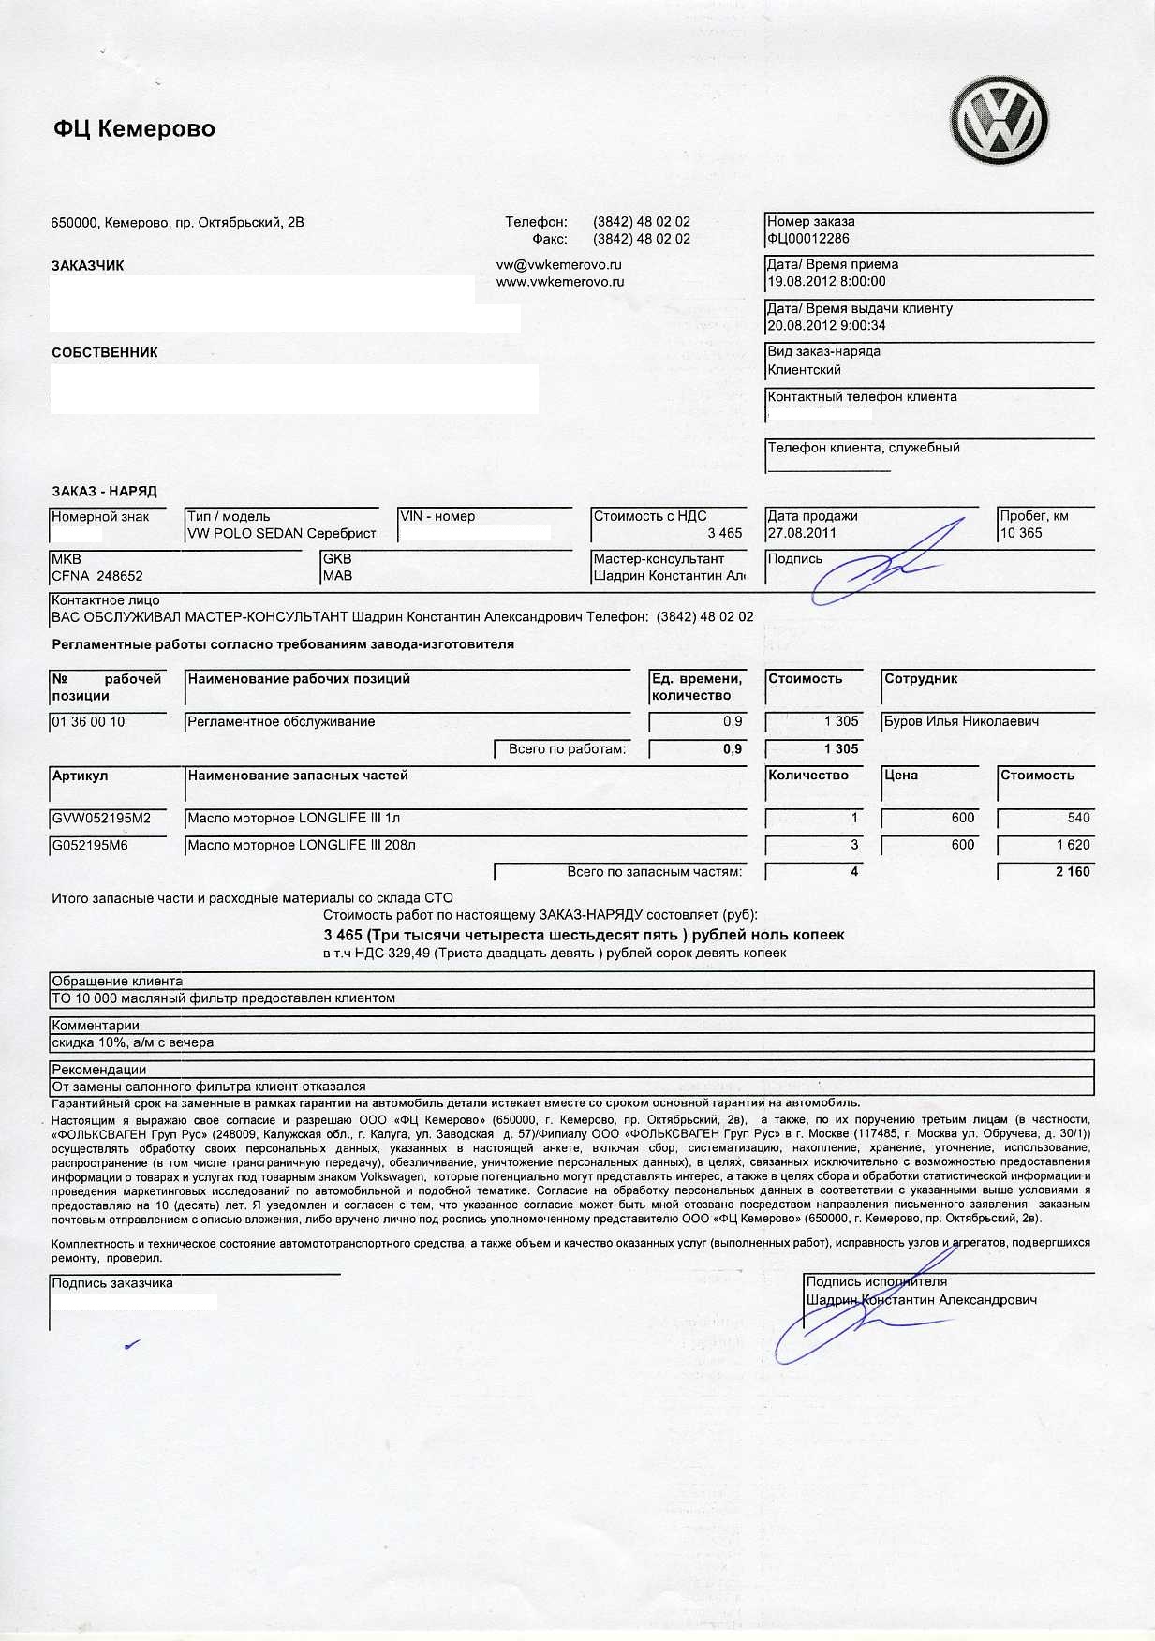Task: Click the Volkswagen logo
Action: pos(999,122)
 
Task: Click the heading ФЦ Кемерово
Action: pos(134,129)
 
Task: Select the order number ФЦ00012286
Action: pos(808,239)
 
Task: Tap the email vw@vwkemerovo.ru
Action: pos(559,265)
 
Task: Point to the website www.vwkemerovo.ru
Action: pos(560,281)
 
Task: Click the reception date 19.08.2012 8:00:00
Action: pos(826,281)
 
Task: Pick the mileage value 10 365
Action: pos(1021,533)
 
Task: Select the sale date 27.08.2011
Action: pos(802,533)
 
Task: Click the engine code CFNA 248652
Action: pos(97,576)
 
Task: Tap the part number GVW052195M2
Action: pos(101,818)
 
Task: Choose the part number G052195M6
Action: pos(90,845)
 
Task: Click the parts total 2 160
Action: pos(1072,872)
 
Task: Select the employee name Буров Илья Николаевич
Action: pos(961,721)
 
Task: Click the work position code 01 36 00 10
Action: pos(88,721)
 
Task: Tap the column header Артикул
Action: pos(81,776)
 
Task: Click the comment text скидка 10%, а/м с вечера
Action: pos(133,1042)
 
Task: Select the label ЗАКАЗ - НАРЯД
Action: pos(104,491)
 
